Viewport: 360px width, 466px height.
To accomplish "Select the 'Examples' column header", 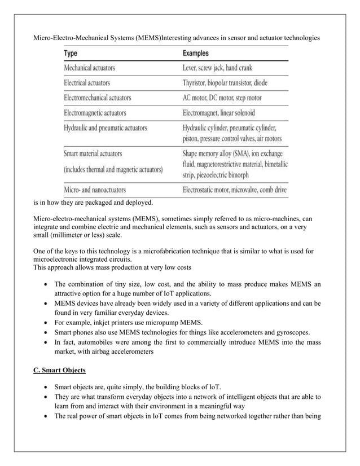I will click(196, 54).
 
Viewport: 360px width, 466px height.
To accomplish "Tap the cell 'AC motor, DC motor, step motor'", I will click(222, 98).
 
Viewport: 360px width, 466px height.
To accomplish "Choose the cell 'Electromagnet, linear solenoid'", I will click(222, 113).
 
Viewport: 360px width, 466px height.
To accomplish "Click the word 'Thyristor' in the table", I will click(197, 83).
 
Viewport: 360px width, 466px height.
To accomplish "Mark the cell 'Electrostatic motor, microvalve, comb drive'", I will click(235, 190).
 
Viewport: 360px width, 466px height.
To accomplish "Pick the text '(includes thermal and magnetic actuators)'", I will click(113, 169).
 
